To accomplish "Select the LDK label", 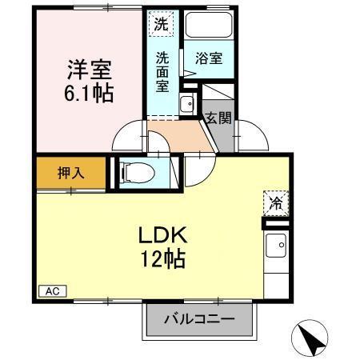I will (166, 237).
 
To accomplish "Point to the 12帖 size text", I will (166, 259).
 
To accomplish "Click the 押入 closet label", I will (70, 173).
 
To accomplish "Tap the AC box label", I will (50, 291).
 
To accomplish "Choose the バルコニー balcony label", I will (199, 318).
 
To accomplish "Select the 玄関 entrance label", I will (218, 118).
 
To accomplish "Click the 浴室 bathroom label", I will (209, 58).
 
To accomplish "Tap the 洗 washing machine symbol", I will (162, 24).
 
